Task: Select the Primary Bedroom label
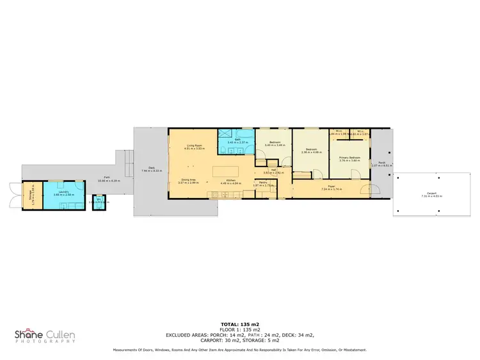coord(349,157)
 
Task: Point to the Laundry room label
coord(63,190)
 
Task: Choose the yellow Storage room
coord(32,194)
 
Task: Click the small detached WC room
coord(99,202)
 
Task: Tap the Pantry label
coord(263,183)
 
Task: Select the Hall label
coord(273,170)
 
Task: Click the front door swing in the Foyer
coord(365,189)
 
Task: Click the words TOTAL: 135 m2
coord(240,325)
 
